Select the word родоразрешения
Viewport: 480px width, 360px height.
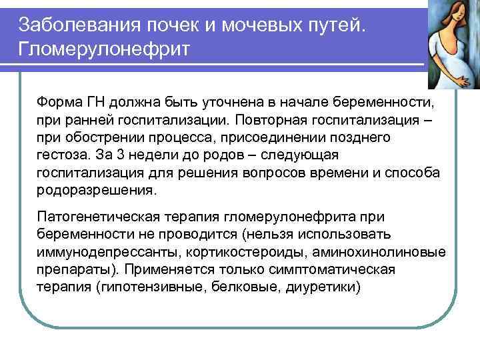pyautogui.click(x=97, y=189)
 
